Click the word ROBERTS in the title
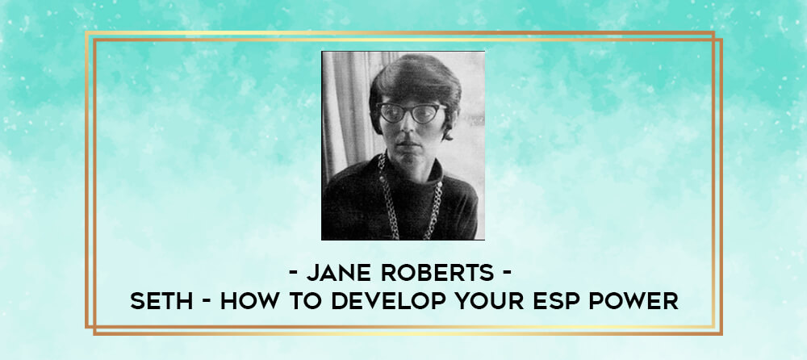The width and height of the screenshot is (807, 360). tap(437, 274)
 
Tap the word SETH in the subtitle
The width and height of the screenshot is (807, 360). tap(161, 302)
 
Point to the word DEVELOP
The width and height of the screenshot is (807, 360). tap(384, 302)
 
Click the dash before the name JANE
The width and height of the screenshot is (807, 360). tap(294, 274)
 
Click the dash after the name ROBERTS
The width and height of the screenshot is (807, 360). tap(507, 274)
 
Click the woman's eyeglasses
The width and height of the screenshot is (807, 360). tap(410, 113)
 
